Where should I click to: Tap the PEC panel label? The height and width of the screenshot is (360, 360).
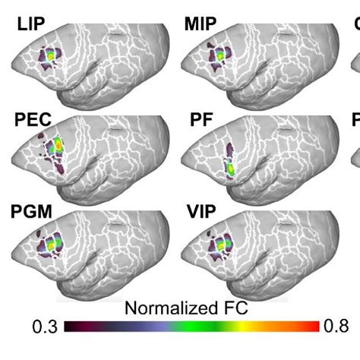(32, 120)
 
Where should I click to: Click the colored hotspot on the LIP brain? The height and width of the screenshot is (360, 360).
(50, 57)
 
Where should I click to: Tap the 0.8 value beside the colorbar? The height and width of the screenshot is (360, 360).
(336, 327)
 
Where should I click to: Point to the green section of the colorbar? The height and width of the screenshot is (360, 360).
(190, 327)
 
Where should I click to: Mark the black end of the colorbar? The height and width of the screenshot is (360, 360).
(70, 327)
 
